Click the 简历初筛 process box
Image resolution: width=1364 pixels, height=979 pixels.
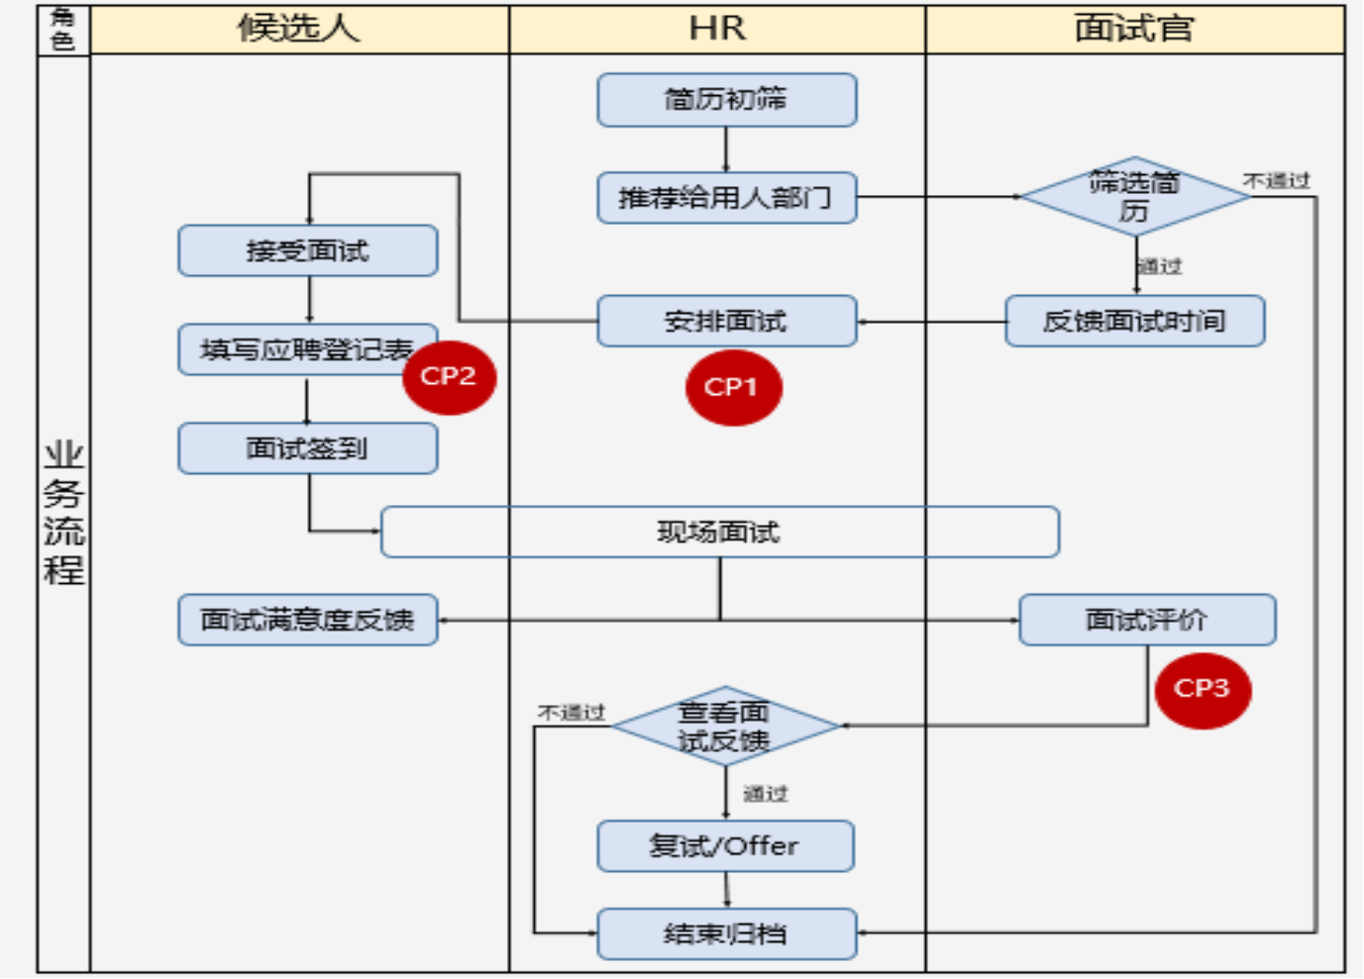coord(726,100)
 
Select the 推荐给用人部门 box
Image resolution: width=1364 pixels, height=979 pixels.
coord(726,198)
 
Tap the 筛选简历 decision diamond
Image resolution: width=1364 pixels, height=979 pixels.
coord(1135,196)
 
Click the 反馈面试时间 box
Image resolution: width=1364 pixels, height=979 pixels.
coord(1134,321)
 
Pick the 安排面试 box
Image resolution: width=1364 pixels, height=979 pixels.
coord(726,321)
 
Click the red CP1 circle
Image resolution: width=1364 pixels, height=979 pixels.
coord(733,387)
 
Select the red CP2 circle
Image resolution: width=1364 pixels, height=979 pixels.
coord(449,377)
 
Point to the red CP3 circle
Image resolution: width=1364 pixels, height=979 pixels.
coord(1203,689)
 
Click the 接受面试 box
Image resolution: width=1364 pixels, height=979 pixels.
coord(307,250)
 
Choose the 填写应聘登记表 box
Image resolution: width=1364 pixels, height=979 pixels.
coord(297,349)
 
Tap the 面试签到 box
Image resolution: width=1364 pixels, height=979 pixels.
coord(307,448)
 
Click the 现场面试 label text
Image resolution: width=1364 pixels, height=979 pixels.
coord(719,533)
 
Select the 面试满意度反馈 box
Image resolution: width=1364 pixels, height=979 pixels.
coord(307,620)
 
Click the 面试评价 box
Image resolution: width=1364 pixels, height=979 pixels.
coord(1147,620)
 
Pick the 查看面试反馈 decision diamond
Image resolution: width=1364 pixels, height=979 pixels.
coord(725,726)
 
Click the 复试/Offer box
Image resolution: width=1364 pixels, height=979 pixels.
coord(725,846)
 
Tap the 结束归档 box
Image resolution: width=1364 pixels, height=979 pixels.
coord(726,933)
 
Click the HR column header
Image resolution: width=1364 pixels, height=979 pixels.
coord(717,29)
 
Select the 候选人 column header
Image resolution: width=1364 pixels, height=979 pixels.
coord(299,29)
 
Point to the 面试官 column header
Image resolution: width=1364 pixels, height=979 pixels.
coord(1135,29)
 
